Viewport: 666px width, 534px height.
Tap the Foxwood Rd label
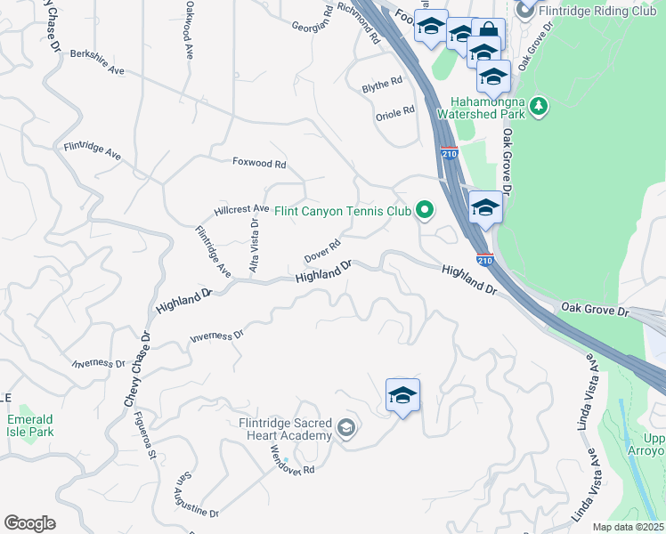[x=259, y=164]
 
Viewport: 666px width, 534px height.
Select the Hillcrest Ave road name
[x=241, y=209]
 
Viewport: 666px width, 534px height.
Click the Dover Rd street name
[x=322, y=251]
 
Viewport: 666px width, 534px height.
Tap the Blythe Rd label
[x=382, y=85]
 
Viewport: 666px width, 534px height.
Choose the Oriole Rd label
[x=395, y=112]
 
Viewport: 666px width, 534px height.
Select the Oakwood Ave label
[x=189, y=29]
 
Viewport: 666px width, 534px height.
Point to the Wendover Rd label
[x=293, y=458]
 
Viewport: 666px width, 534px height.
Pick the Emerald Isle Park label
[x=30, y=425]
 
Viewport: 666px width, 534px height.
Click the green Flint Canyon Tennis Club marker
[x=426, y=211]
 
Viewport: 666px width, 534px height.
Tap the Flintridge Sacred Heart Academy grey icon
[x=346, y=430]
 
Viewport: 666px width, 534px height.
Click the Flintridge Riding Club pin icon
[x=525, y=11]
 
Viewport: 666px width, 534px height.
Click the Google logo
[x=30, y=523]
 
